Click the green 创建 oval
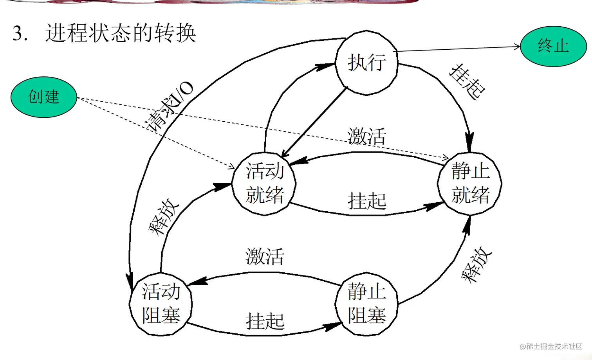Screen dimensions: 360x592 pos(43,97)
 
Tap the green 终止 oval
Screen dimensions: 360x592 pos(553,46)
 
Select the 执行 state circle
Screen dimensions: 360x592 pos(366,63)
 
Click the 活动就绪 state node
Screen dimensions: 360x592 pos(264,183)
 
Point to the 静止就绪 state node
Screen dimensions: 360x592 pos(470,183)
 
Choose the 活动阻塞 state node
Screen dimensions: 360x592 pos(161,304)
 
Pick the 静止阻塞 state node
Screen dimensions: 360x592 pos(366,304)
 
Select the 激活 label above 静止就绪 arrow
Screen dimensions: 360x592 pos(367,136)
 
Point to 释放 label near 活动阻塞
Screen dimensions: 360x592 pos(164,217)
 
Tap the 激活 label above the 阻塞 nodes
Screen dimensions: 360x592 pos(265,257)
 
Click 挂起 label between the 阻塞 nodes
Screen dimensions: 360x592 pos(265,321)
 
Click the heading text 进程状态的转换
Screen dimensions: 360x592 pos(121,33)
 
